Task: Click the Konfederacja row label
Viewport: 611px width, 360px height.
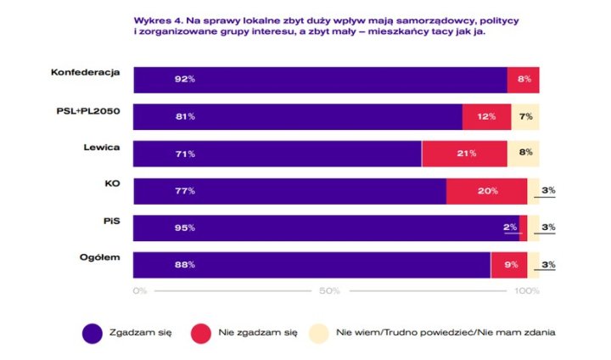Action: point(86,71)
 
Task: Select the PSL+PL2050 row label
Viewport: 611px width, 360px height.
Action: point(91,109)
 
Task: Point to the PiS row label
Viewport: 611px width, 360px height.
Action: point(112,221)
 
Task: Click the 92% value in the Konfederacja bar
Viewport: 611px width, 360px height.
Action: point(186,79)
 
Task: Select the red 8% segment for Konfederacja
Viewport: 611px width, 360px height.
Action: point(523,79)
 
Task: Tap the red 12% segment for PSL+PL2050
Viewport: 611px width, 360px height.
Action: point(486,116)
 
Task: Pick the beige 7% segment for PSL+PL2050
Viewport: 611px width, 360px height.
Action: point(524,116)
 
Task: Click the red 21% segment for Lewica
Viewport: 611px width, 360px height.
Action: point(464,154)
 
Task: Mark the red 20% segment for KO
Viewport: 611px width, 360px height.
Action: point(487,191)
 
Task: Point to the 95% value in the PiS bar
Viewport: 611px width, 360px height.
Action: point(186,228)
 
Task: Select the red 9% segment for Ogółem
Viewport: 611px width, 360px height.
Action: point(509,265)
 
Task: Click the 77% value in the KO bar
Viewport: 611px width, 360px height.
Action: point(186,191)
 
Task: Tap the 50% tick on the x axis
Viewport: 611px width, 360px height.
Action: point(329,291)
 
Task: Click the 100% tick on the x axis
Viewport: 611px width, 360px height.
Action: point(526,291)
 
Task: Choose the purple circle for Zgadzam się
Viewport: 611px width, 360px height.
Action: point(92,333)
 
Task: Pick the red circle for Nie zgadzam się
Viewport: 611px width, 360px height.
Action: point(202,333)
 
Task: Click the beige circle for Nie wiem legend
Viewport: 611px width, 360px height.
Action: point(318,333)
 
